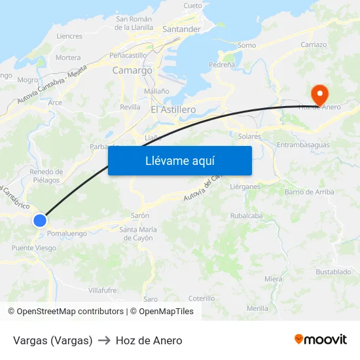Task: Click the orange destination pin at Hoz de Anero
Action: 319,94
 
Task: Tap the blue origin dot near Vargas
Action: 40,221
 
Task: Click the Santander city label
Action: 181,29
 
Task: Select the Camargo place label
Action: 132,70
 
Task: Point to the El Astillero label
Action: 173,109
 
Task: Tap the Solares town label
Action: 250,137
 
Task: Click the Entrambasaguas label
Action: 303,145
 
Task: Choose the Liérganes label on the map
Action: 245,187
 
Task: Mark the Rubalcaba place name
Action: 246,215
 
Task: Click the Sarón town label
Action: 140,215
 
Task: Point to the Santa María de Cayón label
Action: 137,234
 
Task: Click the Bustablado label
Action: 333,272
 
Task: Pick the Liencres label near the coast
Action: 69,37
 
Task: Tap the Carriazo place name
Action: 314,45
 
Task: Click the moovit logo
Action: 321,340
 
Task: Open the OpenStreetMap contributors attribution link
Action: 70,312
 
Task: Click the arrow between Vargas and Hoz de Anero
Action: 104,340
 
